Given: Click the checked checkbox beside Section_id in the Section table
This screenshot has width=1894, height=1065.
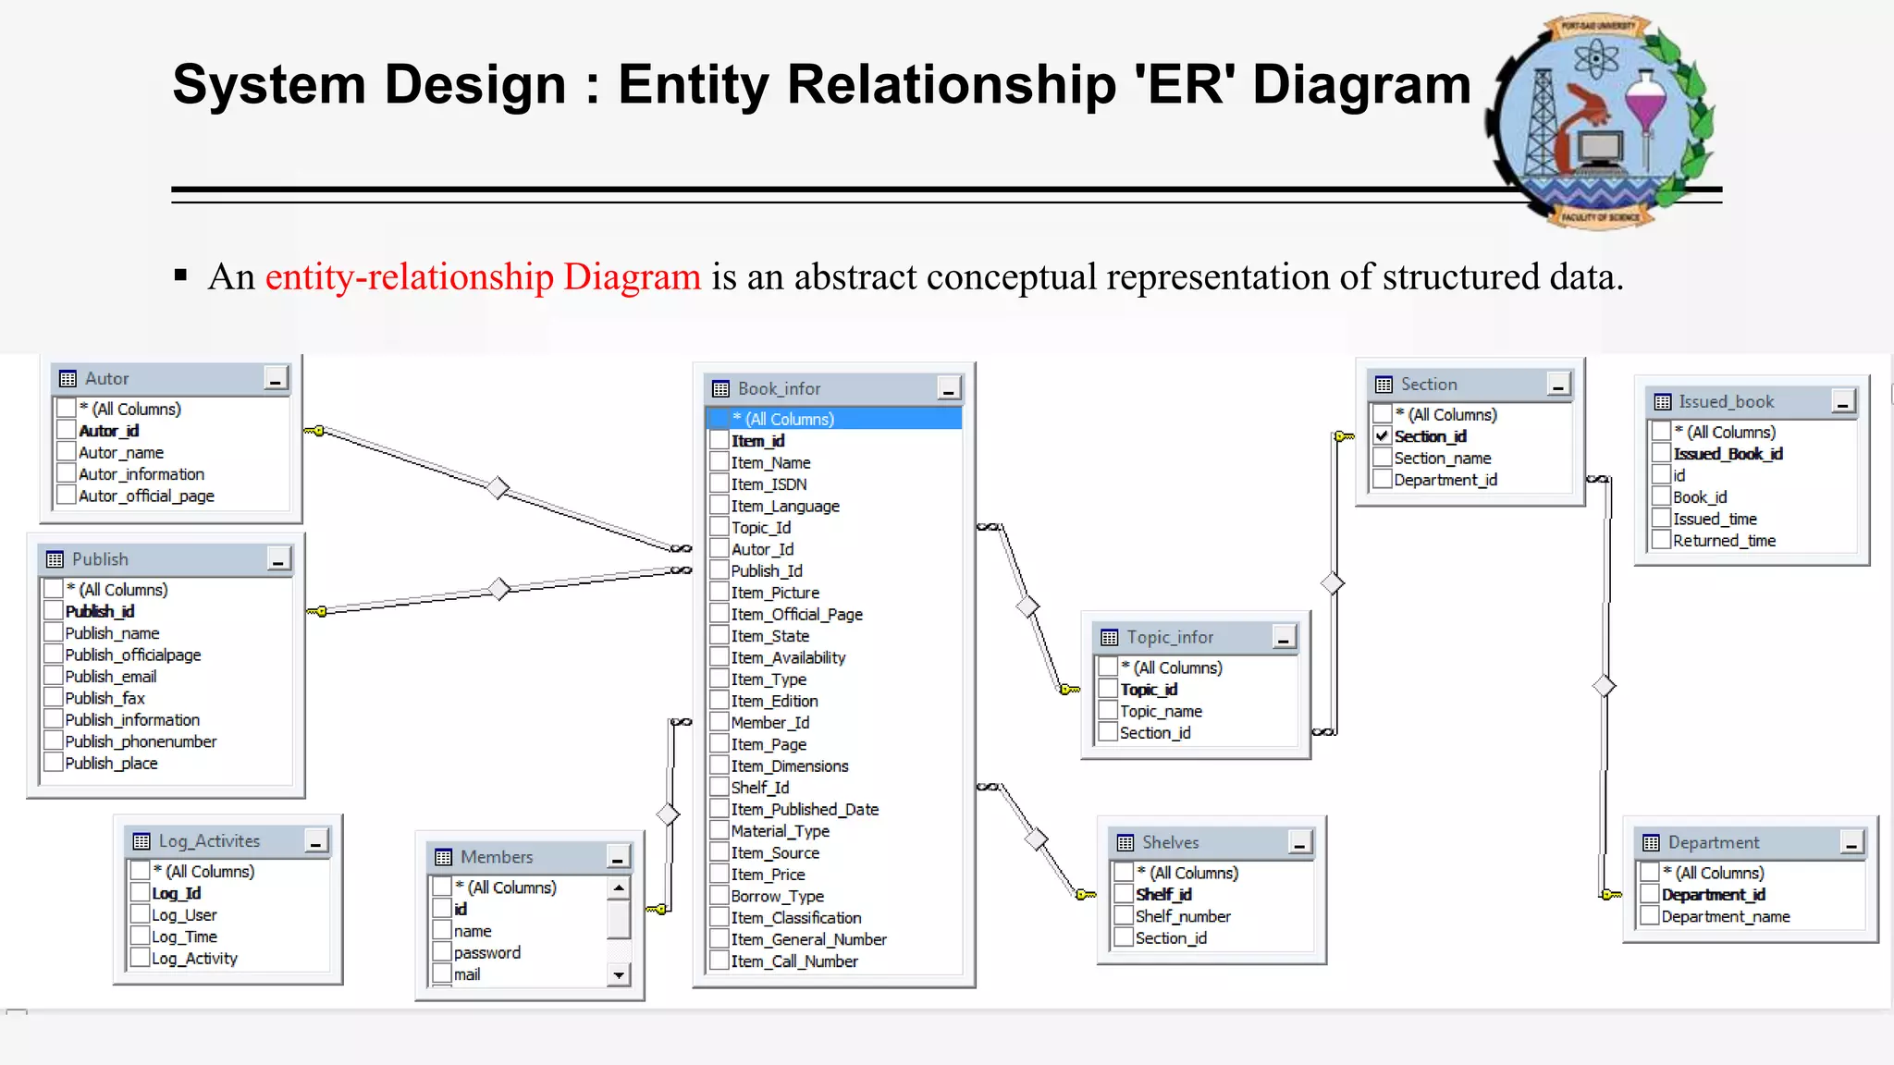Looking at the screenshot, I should pyautogui.click(x=1383, y=435).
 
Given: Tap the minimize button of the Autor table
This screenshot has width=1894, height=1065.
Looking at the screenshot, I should pyautogui.click(x=276, y=379).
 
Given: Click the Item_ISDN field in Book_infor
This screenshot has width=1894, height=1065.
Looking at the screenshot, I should pyautogui.click(x=769, y=484).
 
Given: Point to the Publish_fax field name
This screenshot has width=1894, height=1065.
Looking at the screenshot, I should pyautogui.click(x=105, y=698).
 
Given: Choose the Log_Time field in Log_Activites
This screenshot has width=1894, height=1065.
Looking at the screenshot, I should pyautogui.click(x=184, y=936).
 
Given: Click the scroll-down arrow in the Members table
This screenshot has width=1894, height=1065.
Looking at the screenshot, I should pyautogui.click(x=619, y=974).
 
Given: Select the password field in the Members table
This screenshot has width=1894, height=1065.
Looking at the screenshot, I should pyautogui.click(x=486, y=953).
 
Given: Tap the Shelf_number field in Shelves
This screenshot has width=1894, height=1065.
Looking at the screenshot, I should pyautogui.click(x=1183, y=916).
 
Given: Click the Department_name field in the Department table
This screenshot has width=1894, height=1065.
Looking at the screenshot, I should pyautogui.click(x=1726, y=916).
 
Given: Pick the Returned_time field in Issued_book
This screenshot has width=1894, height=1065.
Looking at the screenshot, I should pyautogui.click(x=1724, y=541).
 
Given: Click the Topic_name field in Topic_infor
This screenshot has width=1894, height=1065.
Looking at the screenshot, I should pyautogui.click(x=1161, y=711).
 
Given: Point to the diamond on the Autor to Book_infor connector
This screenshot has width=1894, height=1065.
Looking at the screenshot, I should pyautogui.click(x=498, y=487).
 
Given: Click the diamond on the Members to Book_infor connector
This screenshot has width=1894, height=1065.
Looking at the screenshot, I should pyautogui.click(x=668, y=814).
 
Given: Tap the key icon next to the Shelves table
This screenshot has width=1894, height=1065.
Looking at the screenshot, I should pyautogui.click(x=1086, y=894).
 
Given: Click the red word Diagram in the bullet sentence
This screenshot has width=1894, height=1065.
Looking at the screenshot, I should pyautogui.click(x=632, y=277).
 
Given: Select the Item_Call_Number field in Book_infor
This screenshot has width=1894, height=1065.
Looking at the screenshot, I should pyautogui.click(x=794, y=961).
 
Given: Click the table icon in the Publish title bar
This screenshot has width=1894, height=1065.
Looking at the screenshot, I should pyautogui.click(x=55, y=559).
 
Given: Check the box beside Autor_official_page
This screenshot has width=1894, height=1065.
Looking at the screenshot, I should pyautogui.click(x=66, y=496).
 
